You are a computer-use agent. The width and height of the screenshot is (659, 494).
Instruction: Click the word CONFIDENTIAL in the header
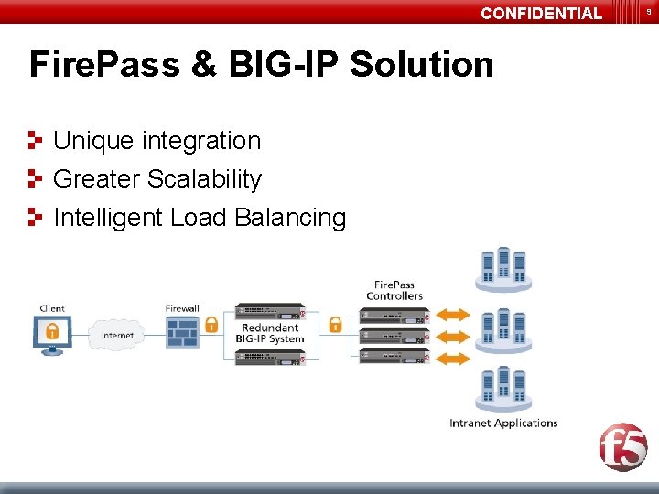[541, 13]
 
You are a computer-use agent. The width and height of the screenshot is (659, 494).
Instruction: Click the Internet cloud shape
[117, 335]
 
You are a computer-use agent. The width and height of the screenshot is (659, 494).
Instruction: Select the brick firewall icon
[182, 333]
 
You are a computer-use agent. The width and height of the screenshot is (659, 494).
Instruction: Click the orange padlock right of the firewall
[211, 324]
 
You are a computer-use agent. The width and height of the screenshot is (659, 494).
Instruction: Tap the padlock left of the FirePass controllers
[335, 324]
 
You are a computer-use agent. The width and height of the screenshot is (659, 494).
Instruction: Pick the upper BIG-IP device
[269, 311]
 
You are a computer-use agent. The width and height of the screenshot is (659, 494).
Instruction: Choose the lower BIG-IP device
[269, 357]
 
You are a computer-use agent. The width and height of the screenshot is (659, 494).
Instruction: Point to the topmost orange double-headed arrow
[452, 315]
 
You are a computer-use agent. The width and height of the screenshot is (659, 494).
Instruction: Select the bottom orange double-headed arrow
[452, 358]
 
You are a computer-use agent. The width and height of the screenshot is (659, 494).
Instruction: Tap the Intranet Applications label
[503, 424]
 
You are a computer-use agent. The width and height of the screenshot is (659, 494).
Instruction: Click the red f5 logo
[623, 448]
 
